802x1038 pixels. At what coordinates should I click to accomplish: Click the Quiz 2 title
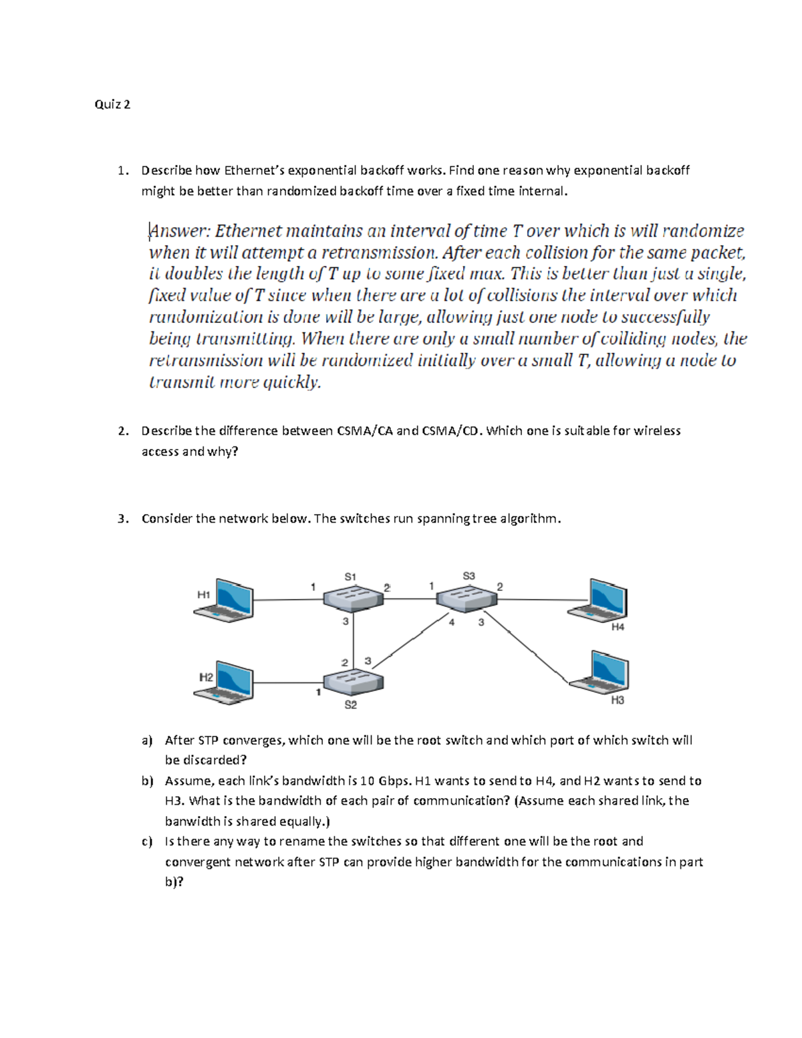112,104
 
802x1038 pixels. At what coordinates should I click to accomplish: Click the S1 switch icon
353,598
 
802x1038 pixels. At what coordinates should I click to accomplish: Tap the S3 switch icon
466,597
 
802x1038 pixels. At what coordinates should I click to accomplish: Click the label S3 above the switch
469,575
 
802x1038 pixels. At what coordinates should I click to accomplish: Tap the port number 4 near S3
452,622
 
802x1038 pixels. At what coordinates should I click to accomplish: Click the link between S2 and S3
408,642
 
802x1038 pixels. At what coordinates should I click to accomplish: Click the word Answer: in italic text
180,231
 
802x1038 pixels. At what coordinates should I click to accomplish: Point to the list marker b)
147,781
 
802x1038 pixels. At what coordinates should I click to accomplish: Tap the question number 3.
122,519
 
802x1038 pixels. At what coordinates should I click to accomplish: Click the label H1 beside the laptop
203,594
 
